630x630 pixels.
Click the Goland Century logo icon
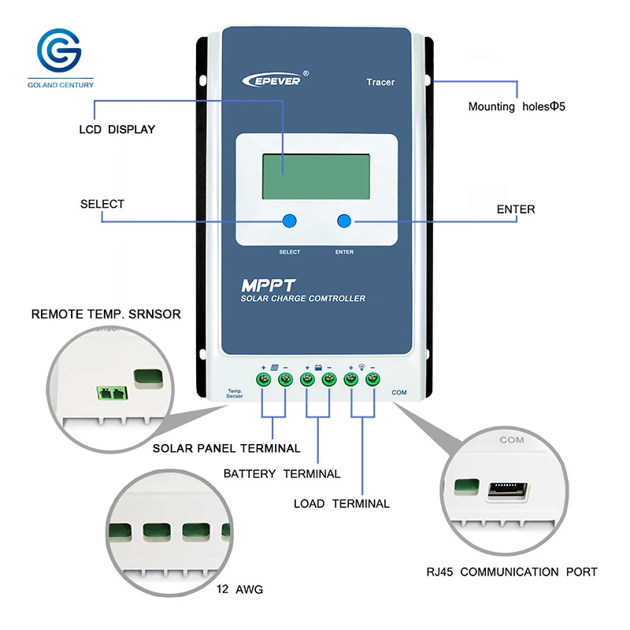click(x=60, y=50)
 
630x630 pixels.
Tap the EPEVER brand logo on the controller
click(x=276, y=80)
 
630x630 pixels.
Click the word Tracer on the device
click(x=380, y=83)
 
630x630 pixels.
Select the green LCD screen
click(x=316, y=176)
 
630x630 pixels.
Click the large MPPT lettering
click(x=268, y=286)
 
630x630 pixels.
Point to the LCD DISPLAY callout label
click(x=117, y=129)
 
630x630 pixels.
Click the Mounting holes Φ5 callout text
click(x=517, y=106)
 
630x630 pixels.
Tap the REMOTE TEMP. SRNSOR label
click(x=106, y=314)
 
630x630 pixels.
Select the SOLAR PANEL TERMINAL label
click(x=226, y=448)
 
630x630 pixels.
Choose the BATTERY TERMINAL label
click(x=282, y=474)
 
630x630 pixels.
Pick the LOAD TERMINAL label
click(x=342, y=504)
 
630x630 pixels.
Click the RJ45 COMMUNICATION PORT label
click(x=512, y=572)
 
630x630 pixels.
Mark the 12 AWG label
click(x=239, y=589)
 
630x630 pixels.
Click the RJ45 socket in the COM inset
click(x=508, y=491)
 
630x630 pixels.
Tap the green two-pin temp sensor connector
click(x=112, y=393)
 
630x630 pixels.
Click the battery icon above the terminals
click(x=318, y=368)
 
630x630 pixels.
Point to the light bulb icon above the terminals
click(x=361, y=367)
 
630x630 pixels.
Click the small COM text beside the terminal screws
click(x=399, y=392)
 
